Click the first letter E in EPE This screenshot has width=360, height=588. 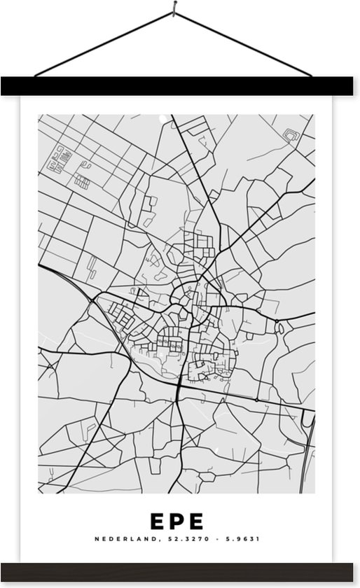(x=157, y=521)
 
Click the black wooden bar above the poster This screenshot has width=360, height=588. (x=180, y=86)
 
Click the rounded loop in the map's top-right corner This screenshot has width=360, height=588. (x=291, y=132)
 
